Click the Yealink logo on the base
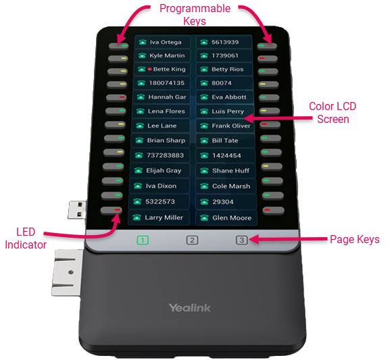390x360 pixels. point(190,307)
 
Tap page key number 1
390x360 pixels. point(143,240)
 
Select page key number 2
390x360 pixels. point(192,240)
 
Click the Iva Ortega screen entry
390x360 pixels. point(162,42)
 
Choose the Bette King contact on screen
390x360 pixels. point(162,69)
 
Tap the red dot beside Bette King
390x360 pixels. point(149,69)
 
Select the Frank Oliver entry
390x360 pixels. point(225,126)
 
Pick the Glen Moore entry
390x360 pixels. point(226,218)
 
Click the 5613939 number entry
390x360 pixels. point(224,42)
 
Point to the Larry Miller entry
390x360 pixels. point(159,217)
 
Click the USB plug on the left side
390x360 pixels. point(77,210)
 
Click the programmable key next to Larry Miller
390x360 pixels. point(111,210)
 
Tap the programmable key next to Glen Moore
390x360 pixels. point(273,210)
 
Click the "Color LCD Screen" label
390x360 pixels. point(333,113)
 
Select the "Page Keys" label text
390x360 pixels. point(355,239)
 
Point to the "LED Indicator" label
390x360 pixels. point(26,238)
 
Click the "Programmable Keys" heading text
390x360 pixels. point(195,15)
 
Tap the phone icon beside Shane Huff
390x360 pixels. point(204,171)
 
